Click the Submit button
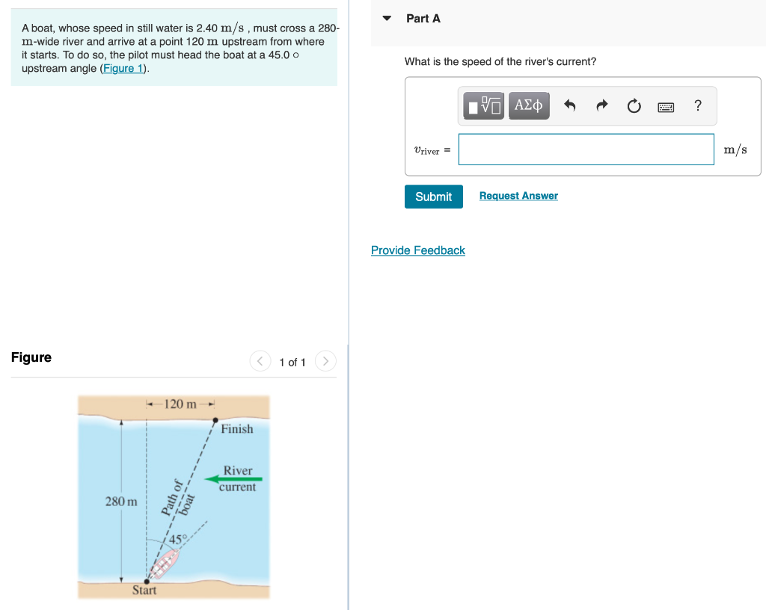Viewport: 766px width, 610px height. pyautogui.click(x=433, y=197)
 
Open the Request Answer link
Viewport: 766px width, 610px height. pyautogui.click(x=518, y=196)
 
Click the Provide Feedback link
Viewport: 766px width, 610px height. pyautogui.click(x=417, y=250)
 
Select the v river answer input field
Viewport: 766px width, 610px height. pyautogui.click(x=586, y=150)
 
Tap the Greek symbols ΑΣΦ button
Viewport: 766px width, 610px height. pyautogui.click(x=529, y=106)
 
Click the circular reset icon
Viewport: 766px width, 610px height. pyautogui.click(x=634, y=106)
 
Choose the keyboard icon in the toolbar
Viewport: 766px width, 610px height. pyautogui.click(x=666, y=107)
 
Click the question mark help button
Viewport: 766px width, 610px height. pyautogui.click(x=697, y=105)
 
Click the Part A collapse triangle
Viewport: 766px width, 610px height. pyautogui.click(x=387, y=19)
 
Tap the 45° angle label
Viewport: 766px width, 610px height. pyautogui.click(x=177, y=539)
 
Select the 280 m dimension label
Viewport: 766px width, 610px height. pyautogui.click(x=121, y=501)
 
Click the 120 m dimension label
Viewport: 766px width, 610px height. pyautogui.click(x=180, y=404)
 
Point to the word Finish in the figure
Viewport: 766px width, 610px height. pyautogui.click(x=236, y=429)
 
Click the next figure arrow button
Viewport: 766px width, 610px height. pyautogui.click(x=325, y=362)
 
